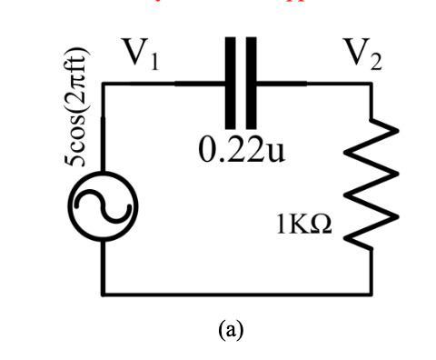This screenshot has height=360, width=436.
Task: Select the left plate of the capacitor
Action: point(229,84)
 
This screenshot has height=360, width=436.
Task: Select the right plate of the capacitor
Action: point(252,84)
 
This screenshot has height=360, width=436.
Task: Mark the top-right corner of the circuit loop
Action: point(371,84)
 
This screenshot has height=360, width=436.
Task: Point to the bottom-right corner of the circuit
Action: point(371,294)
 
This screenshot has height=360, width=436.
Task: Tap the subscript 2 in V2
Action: point(376,63)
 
